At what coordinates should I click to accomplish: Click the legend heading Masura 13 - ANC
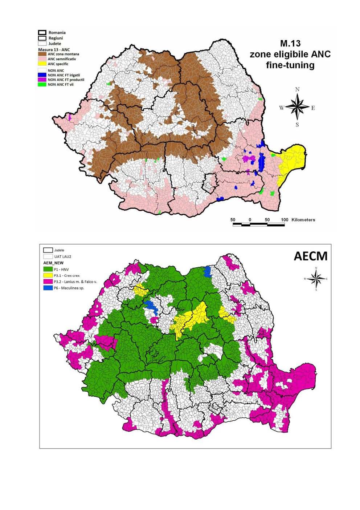tap(53, 49)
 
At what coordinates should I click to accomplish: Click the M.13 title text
tap(290, 43)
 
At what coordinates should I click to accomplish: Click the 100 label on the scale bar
tap(285, 220)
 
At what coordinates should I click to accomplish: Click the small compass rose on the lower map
tap(316, 279)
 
